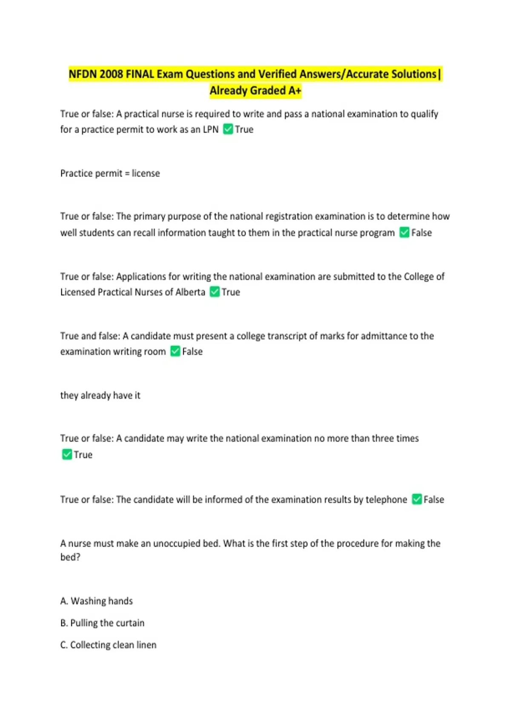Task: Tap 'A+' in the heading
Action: coord(295,91)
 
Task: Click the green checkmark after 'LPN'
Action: coord(228,129)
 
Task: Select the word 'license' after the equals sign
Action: coord(146,173)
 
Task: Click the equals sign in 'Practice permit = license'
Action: coord(127,174)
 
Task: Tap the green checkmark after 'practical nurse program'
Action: coord(404,233)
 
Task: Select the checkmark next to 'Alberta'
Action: coord(215,292)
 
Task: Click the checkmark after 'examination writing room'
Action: coord(175,351)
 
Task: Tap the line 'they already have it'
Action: coord(100,396)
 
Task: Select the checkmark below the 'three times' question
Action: coord(67,454)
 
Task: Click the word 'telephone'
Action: coord(386,500)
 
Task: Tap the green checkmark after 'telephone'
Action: coord(417,500)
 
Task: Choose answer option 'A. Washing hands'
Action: coord(97,601)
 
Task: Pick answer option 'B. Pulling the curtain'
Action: coord(102,623)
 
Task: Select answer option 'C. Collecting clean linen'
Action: coord(108,645)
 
